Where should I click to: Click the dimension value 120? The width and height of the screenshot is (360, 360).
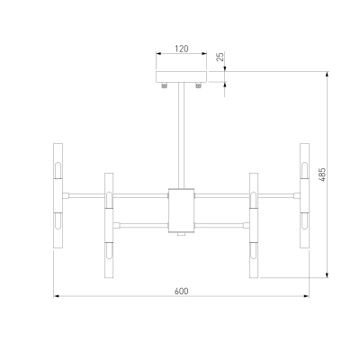(182, 49)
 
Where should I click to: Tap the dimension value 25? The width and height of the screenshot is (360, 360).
(220, 57)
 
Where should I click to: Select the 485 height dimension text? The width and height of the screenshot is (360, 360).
(322, 175)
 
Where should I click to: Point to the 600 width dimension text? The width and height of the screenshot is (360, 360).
(182, 291)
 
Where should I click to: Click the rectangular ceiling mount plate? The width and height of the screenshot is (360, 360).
(182, 76)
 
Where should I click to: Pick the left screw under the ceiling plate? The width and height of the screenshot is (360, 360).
(164, 85)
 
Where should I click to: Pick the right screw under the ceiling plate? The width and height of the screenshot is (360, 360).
(198, 85)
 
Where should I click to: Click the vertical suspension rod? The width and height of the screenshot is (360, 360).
(181, 136)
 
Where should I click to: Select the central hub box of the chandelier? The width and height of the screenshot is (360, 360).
(181, 211)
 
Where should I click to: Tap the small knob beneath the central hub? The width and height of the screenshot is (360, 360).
(181, 234)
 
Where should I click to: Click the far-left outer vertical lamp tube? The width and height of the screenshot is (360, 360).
(58, 195)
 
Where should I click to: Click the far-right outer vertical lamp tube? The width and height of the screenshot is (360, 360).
(304, 195)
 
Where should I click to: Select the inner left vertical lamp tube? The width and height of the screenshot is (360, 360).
(109, 225)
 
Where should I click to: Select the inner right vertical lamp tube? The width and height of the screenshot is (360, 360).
(254, 225)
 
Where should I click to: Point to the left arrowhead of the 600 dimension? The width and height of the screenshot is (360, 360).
(56, 296)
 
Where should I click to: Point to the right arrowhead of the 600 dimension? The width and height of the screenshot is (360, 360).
(307, 296)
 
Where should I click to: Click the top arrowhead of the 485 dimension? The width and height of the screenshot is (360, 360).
(328, 74)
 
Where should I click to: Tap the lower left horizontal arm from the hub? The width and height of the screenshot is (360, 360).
(141, 225)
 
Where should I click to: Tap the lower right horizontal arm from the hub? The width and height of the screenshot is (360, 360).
(221, 225)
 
